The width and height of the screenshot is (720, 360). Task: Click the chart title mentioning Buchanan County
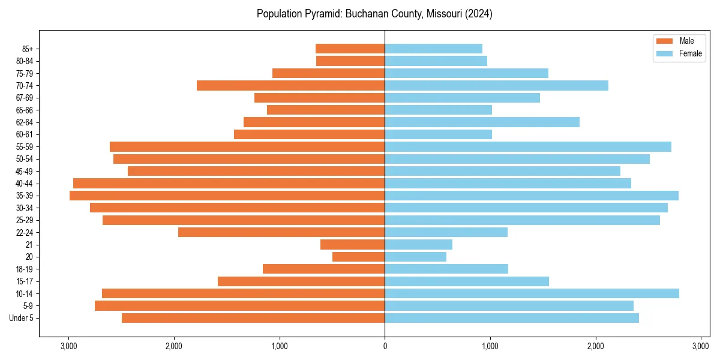tap(374, 14)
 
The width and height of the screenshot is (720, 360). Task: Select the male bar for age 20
tap(358, 257)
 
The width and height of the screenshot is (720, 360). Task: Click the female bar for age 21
tap(418, 244)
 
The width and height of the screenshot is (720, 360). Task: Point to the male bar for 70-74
tap(290, 85)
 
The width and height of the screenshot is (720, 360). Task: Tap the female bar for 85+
tap(433, 49)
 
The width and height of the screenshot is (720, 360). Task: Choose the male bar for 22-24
tap(281, 232)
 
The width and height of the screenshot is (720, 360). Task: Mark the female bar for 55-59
tap(528, 146)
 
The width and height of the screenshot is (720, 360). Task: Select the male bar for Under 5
tap(253, 318)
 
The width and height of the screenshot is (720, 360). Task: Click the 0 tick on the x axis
tap(385, 346)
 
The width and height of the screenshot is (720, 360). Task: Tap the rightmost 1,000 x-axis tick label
tap(490, 346)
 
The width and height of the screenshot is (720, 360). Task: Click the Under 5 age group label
tap(21, 318)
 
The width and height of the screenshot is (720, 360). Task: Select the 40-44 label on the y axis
tap(24, 184)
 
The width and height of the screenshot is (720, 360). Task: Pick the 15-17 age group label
tap(24, 281)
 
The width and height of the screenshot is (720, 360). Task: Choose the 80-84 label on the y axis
tap(24, 61)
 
